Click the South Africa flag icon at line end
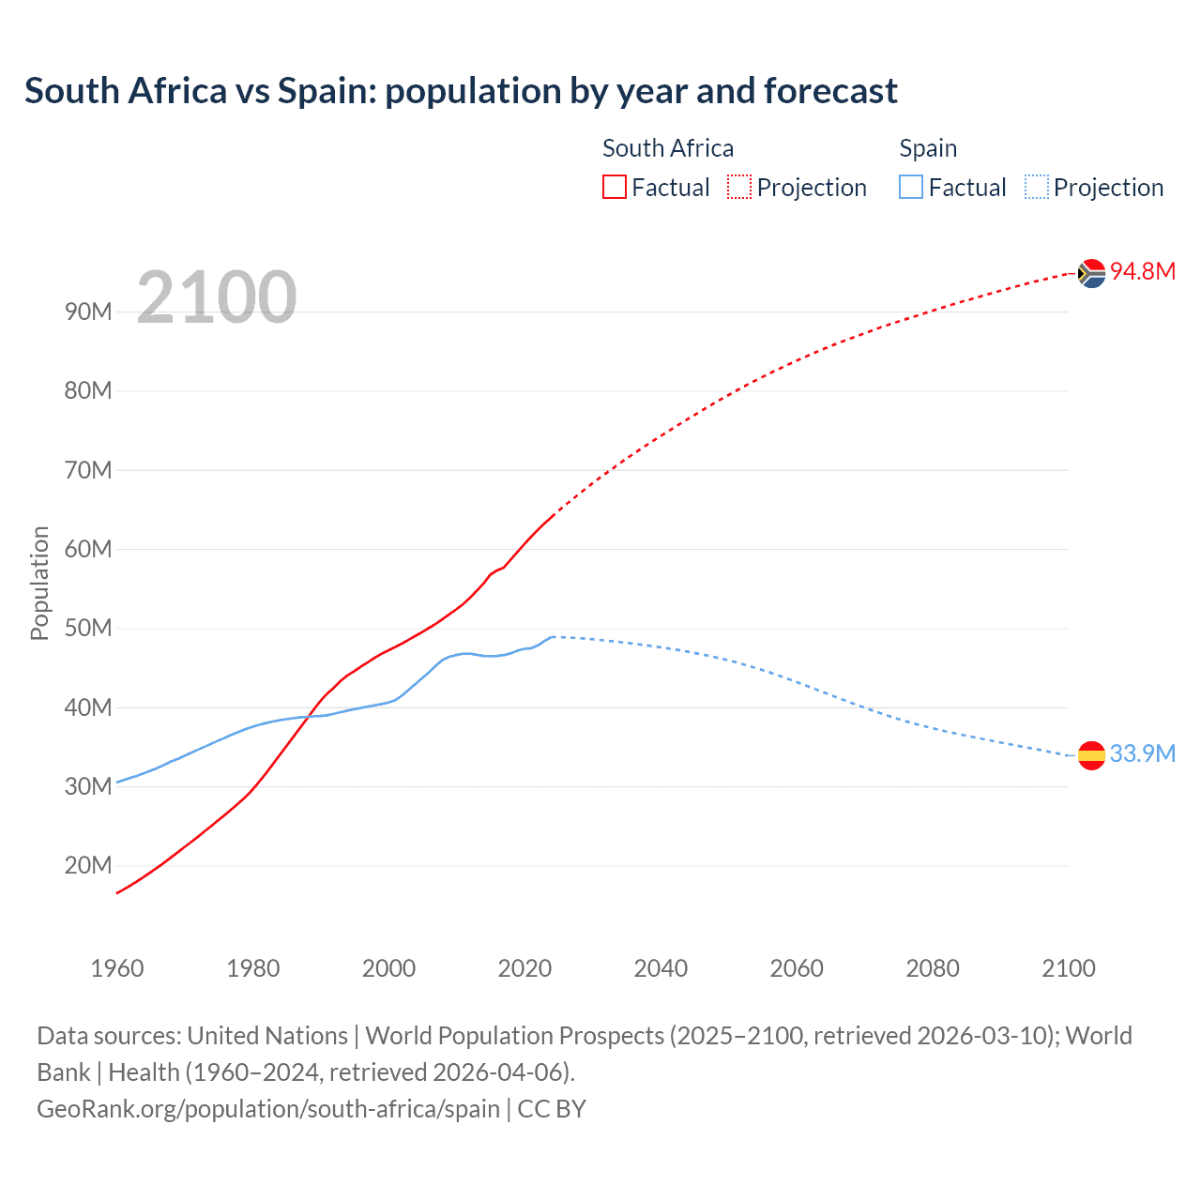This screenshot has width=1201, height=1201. [1091, 273]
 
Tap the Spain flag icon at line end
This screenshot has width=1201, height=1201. [1091, 754]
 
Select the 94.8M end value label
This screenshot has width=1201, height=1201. [1142, 272]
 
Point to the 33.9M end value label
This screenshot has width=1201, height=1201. [1142, 754]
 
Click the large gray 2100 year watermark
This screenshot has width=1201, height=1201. [217, 298]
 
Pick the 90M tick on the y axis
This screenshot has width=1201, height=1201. [88, 312]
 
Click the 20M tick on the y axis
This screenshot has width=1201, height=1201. [88, 866]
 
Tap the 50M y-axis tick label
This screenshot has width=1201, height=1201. [88, 629]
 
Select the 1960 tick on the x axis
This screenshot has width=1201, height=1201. [117, 968]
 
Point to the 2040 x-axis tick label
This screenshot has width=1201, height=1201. [661, 968]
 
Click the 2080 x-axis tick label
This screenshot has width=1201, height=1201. [933, 968]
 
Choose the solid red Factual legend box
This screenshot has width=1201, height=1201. [615, 188]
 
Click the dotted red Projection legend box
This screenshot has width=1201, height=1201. [739, 188]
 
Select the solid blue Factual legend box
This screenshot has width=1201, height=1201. [911, 188]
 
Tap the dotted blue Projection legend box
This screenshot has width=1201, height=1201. [1037, 188]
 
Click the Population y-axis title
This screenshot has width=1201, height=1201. [39, 584]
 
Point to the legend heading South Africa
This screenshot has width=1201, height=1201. [668, 148]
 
